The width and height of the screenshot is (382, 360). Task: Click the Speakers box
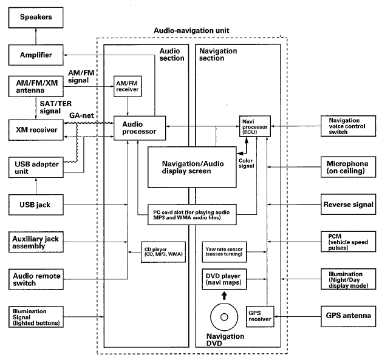tap(35, 18)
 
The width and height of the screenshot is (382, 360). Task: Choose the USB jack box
tap(35, 205)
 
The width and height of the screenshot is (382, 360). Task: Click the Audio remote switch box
tap(35, 279)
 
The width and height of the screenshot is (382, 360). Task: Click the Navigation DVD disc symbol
tap(225, 316)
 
